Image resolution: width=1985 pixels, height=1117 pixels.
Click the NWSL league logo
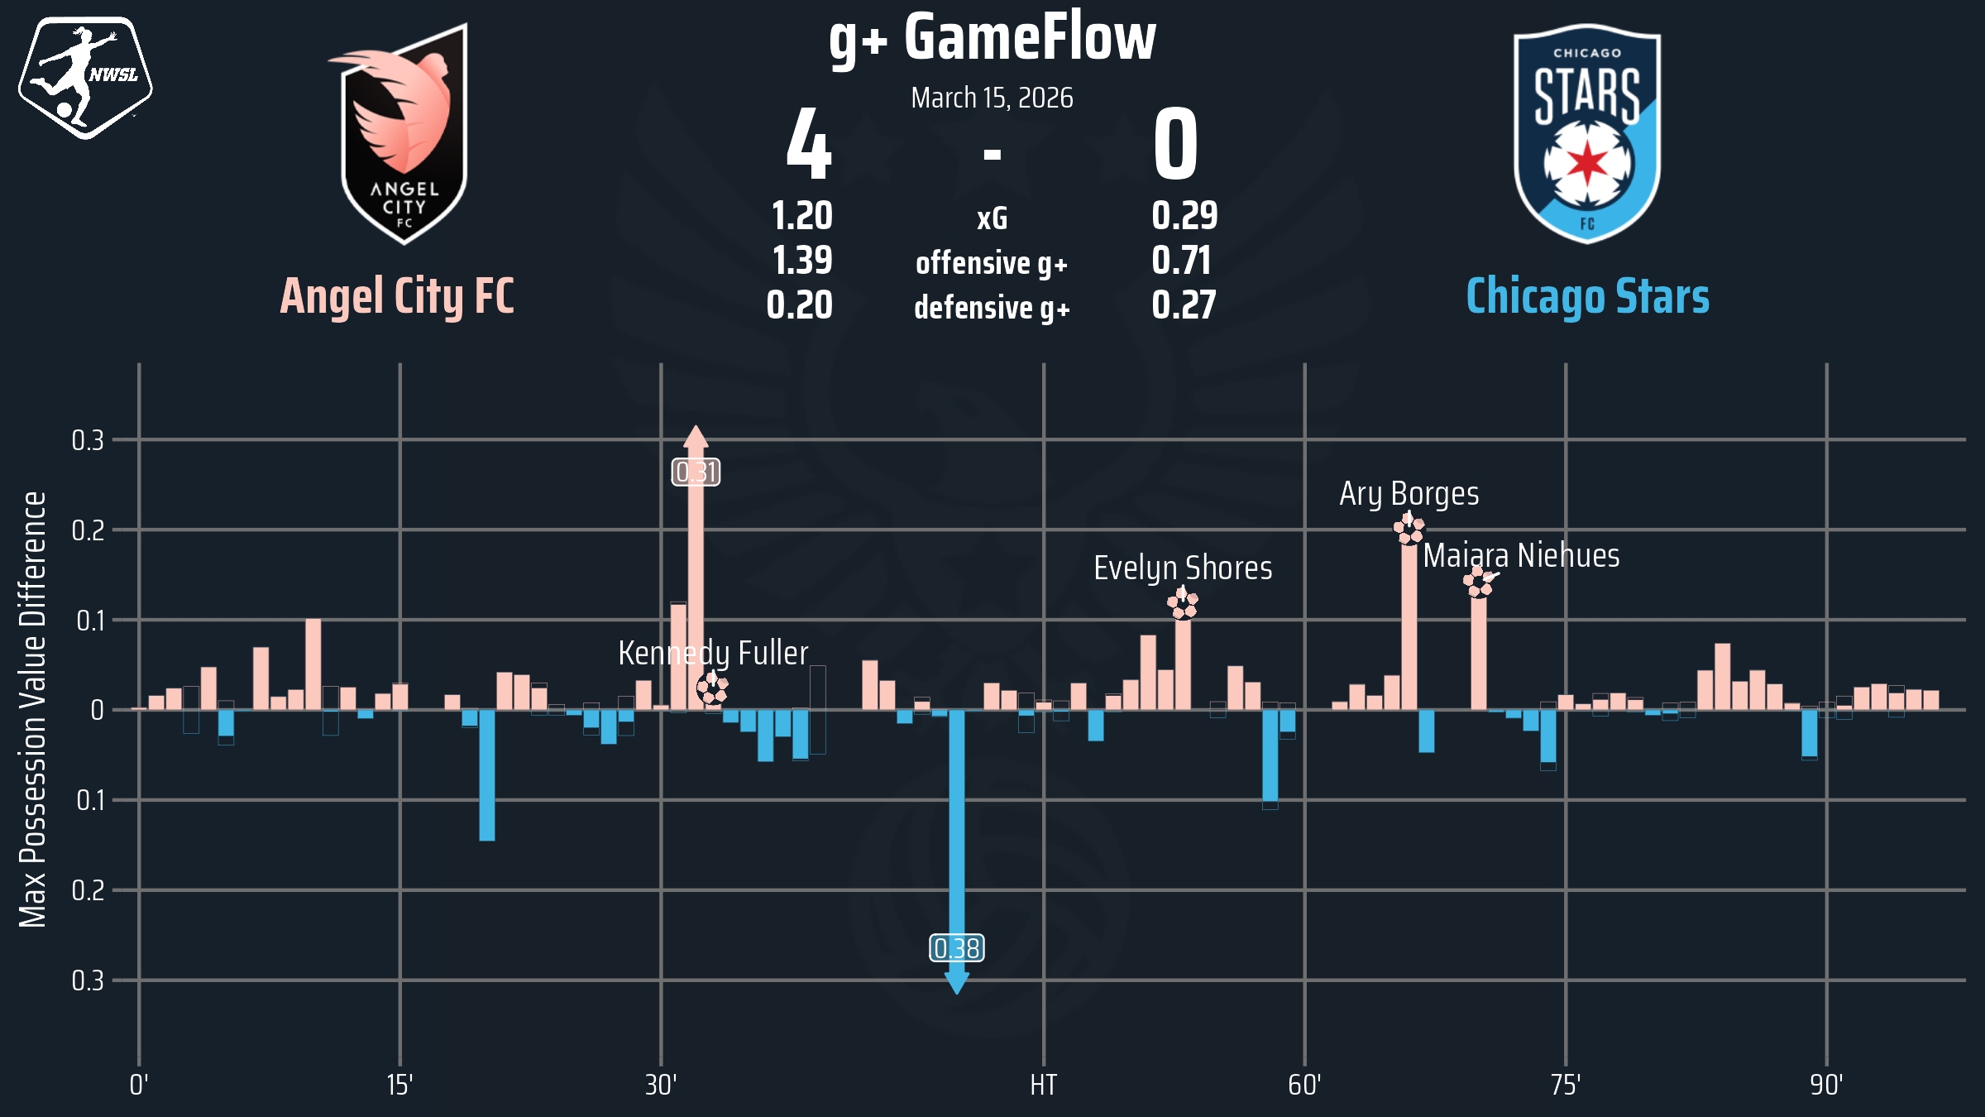[85, 77]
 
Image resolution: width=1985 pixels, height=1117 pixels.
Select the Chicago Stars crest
[1587, 134]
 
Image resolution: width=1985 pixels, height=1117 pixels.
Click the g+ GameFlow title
[992, 38]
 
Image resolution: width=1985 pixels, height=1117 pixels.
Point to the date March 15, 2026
[992, 98]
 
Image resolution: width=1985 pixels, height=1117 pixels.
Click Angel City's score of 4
[808, 146]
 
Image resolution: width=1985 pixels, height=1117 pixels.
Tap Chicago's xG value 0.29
[1184, 216]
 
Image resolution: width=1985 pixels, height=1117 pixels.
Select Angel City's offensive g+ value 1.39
[802, 261]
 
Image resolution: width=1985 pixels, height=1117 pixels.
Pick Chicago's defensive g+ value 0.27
[1184, 305]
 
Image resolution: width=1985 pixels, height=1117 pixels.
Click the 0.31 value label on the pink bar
[696, 472]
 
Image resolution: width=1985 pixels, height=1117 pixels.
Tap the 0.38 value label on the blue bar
[957, 948]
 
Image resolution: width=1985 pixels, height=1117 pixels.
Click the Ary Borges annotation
[1409, 494]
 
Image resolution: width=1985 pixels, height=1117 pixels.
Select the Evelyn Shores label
[1183, 568]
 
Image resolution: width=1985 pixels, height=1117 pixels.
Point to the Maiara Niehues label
[1521, 556]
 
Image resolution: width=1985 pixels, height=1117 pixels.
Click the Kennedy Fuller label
[713, 654]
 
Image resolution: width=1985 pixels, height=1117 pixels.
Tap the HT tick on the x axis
[1043, 1085]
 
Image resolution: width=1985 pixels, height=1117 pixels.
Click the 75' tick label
[1566, 1085]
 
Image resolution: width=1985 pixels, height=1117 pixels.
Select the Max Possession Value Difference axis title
[33, 709]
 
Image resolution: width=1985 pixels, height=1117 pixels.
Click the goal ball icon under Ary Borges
[1409, 529]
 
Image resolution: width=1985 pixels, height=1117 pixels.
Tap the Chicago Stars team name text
[1587, 296]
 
